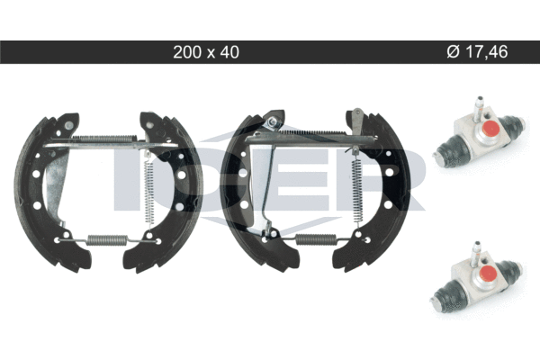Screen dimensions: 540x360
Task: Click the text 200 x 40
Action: click(206, 52)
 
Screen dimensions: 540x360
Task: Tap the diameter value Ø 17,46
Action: click(477, 51)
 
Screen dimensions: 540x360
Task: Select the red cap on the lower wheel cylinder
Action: click(488, 274)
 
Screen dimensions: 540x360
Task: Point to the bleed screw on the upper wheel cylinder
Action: click(479, 107)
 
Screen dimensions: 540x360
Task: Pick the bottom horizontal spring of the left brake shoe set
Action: click(107, 239)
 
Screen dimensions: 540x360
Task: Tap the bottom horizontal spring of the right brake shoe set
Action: click(316, 238)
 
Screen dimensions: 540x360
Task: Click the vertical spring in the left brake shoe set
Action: click(148, 191)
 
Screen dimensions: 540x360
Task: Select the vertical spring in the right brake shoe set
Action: click(356, 188)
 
